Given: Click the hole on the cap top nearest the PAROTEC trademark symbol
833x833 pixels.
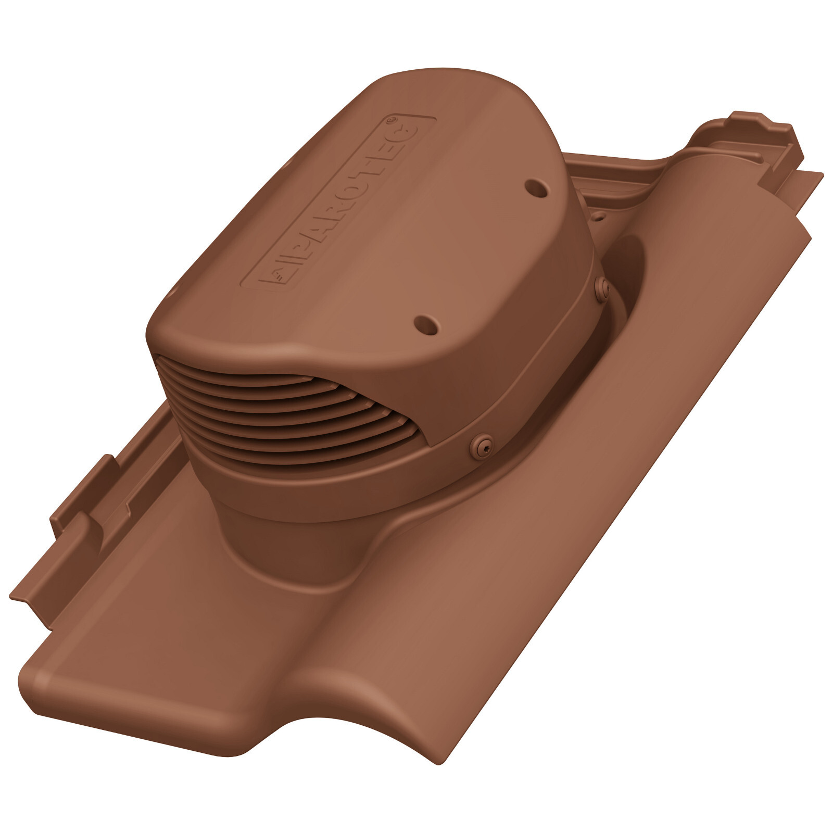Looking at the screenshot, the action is click(x=536, y=188).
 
